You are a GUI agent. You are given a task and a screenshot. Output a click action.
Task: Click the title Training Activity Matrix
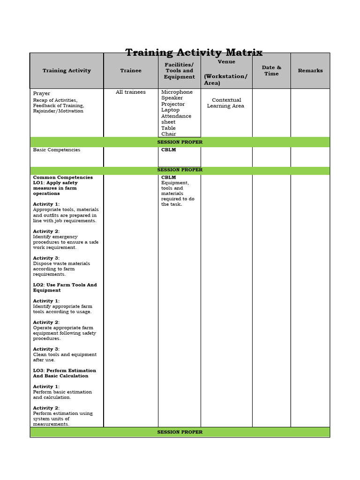coord(194,52)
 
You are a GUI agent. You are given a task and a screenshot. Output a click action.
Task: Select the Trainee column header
coord(130,71)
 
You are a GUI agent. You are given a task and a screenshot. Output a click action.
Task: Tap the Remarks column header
coord(310,71)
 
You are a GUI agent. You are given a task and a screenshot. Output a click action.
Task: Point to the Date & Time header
coord(271,71)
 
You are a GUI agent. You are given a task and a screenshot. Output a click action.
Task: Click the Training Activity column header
coord(67,71)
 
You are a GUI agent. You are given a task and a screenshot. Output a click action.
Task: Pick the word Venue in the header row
coord(226,62)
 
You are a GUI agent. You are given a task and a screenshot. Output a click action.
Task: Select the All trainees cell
coord(130,92)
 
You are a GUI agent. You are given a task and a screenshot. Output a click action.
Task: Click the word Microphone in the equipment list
coord(177,92)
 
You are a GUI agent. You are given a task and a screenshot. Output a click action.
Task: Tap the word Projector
coord(173,104)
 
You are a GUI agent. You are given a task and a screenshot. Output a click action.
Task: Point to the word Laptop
coord(170,110)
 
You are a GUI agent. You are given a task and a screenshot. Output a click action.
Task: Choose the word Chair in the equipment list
coord(168,134)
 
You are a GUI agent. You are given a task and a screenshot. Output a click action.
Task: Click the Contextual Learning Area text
coord(226,103)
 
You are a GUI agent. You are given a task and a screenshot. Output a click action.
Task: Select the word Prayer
coord(41,94)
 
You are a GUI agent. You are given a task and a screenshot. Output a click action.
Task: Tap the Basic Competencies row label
coord(56,150)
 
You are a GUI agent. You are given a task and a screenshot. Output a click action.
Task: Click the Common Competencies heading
coord(63,178)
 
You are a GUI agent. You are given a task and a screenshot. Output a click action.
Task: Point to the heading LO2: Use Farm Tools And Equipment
coord(65,288)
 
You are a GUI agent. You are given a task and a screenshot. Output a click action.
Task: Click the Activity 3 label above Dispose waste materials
coord(46,258)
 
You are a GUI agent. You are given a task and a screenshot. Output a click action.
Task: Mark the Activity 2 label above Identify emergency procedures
coord(46,232)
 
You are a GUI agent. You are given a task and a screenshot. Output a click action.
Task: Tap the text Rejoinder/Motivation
coord(58,111)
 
